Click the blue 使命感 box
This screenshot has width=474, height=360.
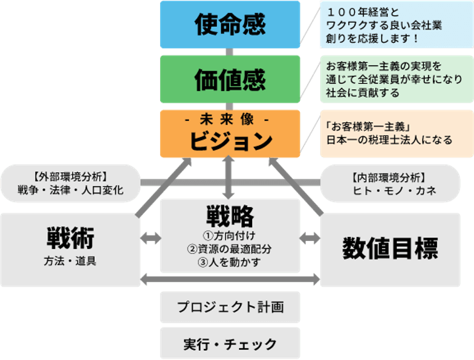point(230,25)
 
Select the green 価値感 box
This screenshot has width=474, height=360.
point(230,79)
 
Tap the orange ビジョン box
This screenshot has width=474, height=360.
point(230,134)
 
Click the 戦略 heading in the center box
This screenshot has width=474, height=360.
point(230,215)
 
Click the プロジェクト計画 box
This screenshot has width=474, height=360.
point(230,307)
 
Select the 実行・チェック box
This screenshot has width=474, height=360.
point(230,344)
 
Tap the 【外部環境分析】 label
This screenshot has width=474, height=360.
point(71,176)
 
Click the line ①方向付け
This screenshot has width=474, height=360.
point(230,235)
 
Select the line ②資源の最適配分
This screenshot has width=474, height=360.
point(230,248)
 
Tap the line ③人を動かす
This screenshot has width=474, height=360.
point(230,262)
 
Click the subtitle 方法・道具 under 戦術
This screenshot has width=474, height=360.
point(70,262)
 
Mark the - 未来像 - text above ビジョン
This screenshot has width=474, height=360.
point(230,120)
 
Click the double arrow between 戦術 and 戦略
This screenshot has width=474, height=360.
point(150,238)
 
